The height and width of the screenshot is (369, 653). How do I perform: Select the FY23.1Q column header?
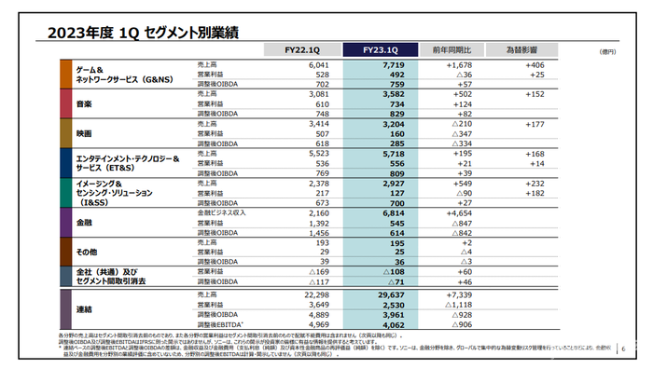(380, 49)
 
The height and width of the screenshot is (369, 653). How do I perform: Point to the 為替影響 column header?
(524, 49)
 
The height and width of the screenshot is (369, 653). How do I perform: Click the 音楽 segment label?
(84, 104)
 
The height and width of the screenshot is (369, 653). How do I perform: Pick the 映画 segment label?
(84, 134)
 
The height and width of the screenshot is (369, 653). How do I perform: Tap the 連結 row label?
(84, 309)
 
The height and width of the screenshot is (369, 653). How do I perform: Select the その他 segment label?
(88, 253)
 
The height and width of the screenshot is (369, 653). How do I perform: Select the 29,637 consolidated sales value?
(387, 294)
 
